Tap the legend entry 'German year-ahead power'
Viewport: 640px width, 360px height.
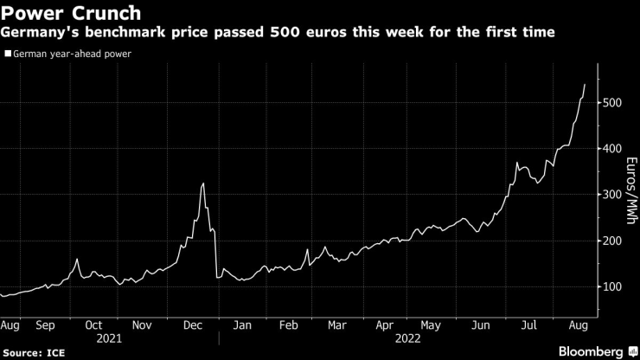(73, 54)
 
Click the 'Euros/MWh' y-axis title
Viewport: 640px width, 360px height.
(631, 195)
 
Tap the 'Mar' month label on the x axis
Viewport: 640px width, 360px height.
(338, 326)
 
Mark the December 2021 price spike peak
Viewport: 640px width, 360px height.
(202, 183)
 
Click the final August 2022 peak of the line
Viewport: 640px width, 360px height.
(585, 85)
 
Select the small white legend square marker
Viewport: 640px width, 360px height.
(8, 54)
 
